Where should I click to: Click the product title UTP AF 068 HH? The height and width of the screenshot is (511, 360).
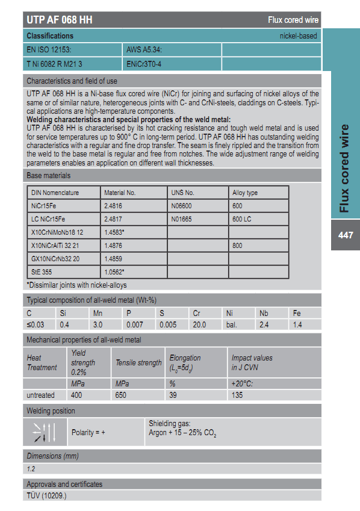[x=60, y=20]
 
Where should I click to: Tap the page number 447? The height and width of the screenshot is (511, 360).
[x=346, y=235]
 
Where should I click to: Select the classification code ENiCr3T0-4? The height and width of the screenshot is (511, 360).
[x=144, y=63]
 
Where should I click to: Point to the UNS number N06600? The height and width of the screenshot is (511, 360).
[x=182, y=206]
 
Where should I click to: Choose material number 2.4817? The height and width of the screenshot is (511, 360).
[x=114, y=219]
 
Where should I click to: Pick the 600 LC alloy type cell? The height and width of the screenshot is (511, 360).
[x=242, y=219]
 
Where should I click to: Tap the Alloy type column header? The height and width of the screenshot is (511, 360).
[x=245, y=193]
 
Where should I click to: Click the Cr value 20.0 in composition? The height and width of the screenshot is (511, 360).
[x=199, y=325]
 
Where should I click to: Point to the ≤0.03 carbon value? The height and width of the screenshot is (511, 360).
[x=36, y=325]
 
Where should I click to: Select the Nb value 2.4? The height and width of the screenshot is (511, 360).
[x=264, y=325]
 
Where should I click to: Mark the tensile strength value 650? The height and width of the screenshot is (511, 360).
[x=122, y=395]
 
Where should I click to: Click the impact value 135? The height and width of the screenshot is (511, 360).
[x=238, y=395]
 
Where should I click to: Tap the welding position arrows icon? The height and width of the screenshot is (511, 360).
[x=45, y=432]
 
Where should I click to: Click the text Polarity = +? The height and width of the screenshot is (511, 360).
[x=88, y=432]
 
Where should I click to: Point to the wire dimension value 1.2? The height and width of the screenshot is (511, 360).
[x=31, y=468]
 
